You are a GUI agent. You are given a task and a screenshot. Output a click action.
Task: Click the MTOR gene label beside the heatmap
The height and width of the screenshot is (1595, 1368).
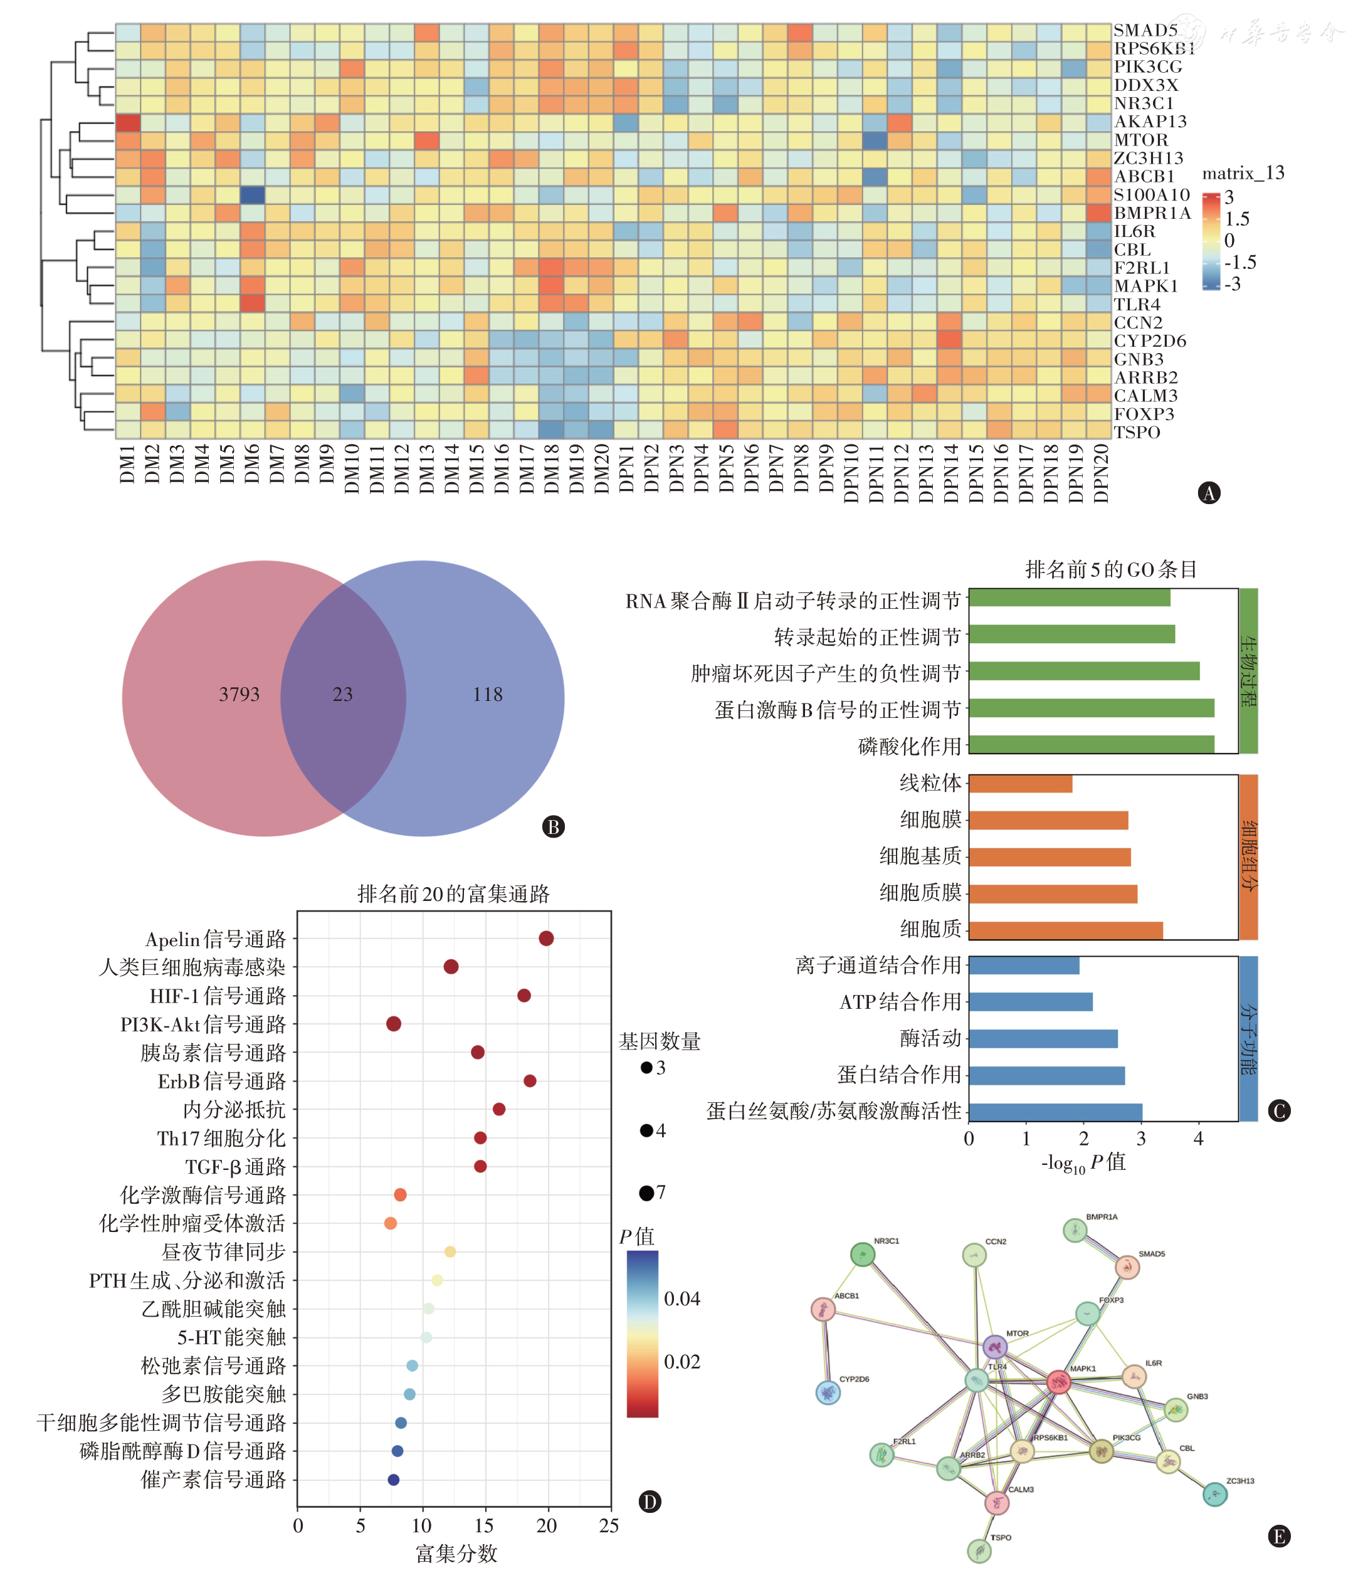[1141, 140]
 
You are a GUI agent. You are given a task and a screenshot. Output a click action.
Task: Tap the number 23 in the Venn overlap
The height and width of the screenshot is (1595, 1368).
[342, 694]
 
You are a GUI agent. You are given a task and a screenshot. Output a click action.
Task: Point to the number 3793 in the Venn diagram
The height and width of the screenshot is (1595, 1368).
[239, 694]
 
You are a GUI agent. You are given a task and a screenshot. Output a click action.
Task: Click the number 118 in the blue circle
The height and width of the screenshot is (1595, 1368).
[487, 694]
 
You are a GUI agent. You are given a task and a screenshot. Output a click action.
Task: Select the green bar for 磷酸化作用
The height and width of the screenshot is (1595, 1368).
[1091, 744]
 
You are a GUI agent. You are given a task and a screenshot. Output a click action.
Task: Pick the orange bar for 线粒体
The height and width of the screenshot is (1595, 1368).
[1020, 784]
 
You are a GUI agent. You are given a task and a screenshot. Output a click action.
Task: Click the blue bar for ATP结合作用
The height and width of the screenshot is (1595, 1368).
[1030, 1001]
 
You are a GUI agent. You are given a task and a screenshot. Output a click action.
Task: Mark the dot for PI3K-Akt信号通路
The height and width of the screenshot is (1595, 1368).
[393, 1024]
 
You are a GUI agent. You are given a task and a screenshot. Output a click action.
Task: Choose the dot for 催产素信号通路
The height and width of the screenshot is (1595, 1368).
[393, 1480]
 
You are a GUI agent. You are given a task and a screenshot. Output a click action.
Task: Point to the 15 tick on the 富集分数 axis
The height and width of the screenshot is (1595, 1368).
[484, 1525]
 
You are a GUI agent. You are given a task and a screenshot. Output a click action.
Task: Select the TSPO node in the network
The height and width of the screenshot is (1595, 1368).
[979, 1550]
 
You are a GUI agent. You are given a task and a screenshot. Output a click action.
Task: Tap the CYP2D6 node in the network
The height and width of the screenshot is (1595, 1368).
[828, 1392]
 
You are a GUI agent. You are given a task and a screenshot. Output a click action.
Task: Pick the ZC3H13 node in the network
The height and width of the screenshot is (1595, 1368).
[1215, 1494]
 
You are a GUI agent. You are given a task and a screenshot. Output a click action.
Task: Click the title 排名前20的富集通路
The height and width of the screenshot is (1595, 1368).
[453, 893]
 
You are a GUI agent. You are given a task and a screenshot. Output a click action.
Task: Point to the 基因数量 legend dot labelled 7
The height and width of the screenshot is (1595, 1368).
[646, 1193]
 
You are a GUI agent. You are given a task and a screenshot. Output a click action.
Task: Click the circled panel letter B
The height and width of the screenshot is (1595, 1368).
[554, 827]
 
